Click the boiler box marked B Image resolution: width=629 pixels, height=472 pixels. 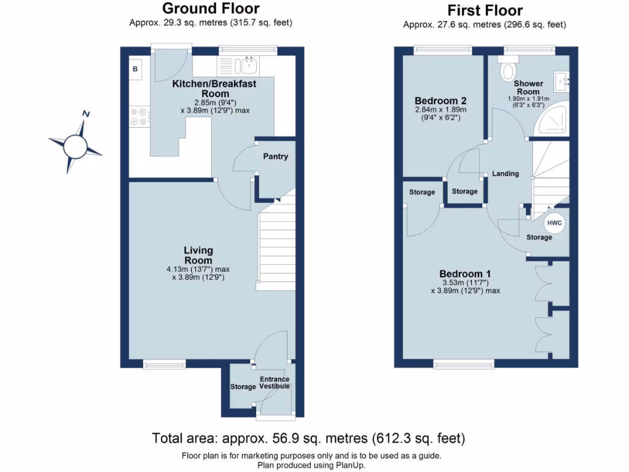(135, 69)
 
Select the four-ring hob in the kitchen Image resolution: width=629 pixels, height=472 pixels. (139, 117)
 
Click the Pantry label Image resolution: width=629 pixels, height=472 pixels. (276, 157)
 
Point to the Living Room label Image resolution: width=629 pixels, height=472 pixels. (198, 255)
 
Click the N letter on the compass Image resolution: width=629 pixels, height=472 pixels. (86, 114)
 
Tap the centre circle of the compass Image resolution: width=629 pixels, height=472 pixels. (75, 146)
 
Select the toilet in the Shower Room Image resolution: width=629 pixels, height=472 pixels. (508, 68)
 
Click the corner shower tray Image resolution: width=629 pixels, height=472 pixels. (552, 118)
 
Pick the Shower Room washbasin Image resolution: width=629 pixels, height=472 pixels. (561, 82)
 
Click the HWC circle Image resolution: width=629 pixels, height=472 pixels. (555, 223)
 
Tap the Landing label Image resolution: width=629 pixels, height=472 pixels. (506, 173)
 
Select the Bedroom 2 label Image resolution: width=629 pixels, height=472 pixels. (440, 101)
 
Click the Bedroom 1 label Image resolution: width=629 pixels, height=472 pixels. (465, 274)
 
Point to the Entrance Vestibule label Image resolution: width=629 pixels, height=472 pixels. (275, 382)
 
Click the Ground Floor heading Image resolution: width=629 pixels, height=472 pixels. (211, 9)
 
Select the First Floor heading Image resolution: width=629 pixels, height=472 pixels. (485, 10)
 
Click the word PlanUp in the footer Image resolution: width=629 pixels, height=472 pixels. (350, 466)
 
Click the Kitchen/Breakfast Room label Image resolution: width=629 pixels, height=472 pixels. (214, 88)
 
